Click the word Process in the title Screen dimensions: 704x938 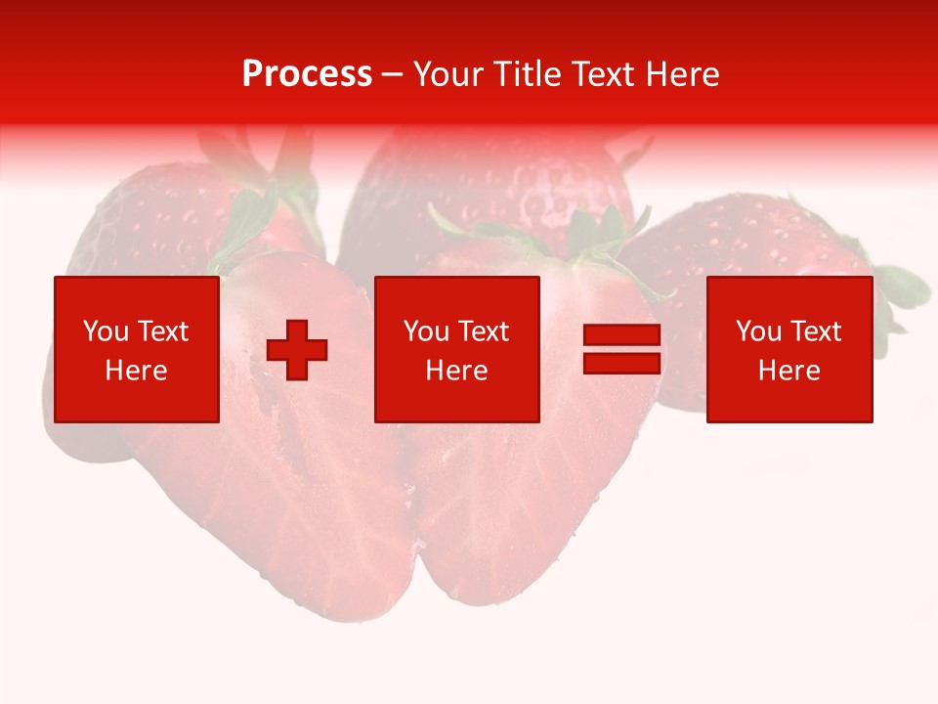[x=307, y=74]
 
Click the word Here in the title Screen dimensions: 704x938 [x=682, y=74]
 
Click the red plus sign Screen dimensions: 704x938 [x=297, y=350]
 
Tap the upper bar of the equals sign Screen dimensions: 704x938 [x=621, y=335]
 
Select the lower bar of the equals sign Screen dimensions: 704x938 [x=621, y=363]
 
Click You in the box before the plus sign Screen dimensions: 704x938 [x=105, y=331]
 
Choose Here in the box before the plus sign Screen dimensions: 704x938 [x=136, y=371]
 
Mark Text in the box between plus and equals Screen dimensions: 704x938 [x=482, y=331]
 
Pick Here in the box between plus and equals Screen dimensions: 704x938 [x=456, y=371]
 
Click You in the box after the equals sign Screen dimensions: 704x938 [x=758, y=331]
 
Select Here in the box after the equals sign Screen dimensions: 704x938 [x=789, y=371]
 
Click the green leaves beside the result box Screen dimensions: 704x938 [x=901, y=293]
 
